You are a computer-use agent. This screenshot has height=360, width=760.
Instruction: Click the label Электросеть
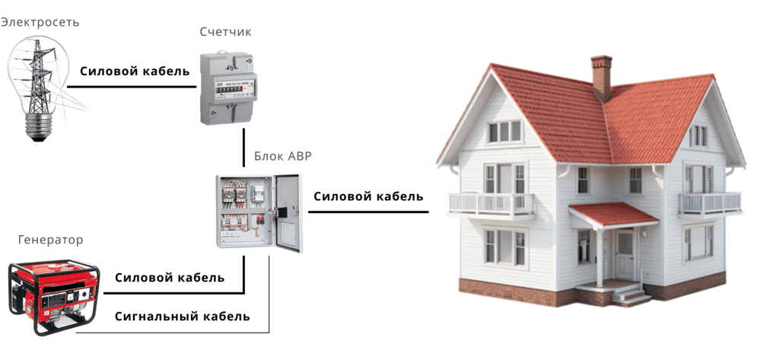(40, 22)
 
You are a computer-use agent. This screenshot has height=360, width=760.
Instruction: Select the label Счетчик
(224, 32)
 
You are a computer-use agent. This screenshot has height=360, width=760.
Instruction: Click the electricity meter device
(227, 88)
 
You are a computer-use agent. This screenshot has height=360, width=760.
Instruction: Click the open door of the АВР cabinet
(288, 213)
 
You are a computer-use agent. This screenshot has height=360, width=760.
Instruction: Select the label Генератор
(50, 241)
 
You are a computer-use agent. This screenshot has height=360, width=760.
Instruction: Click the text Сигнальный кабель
(182, 316)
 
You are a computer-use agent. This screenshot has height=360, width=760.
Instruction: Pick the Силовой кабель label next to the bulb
(135, 72)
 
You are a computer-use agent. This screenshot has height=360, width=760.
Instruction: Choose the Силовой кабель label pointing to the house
(368, 196)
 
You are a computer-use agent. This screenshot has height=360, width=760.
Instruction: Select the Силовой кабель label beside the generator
(170, 278)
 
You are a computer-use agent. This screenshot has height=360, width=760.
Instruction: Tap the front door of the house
(625, 254)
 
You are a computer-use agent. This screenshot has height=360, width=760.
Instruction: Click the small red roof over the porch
(613, 213)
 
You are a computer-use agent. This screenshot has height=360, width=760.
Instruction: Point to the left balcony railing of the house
(491, 202)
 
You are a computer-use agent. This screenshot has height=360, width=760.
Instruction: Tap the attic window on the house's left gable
(504, 131)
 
